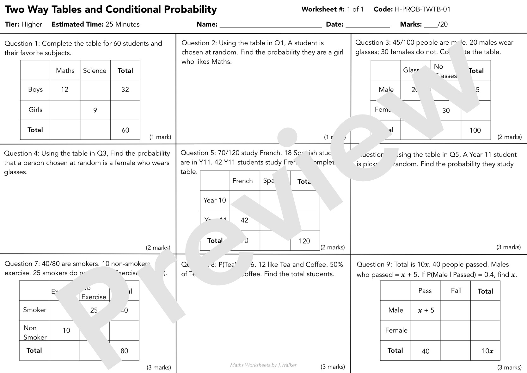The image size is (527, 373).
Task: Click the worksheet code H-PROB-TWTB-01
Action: click(422, 9)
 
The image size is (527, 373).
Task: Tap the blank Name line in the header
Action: click(271, 25)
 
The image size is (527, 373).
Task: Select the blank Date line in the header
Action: click(368, 25)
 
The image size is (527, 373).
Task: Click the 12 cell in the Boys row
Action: click(65, 90)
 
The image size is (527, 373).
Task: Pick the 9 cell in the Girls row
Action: click(95, 110)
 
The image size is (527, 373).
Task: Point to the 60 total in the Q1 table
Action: click(125, 130)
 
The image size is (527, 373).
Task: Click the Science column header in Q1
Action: click(95, 71)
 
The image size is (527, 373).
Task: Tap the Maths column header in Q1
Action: click(65, 71)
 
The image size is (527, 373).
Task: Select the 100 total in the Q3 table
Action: click(475, 130)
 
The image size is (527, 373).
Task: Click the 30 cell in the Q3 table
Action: click(446, 111)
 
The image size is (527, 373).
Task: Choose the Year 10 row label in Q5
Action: click(215, 200)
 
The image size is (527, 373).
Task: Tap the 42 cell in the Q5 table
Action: click(244, 221)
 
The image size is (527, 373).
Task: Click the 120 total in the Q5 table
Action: click(304, 241)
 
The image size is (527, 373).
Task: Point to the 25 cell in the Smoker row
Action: click(94, 310)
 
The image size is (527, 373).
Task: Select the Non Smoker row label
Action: click(34, 333)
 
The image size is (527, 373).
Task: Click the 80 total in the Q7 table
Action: click(124, 351)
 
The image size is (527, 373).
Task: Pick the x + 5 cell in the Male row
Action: click(426, 311)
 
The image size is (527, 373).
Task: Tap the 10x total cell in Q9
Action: click(487, 351)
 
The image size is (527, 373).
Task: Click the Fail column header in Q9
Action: click(456, 291)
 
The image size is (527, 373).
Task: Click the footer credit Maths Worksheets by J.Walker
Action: click(263, 365)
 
